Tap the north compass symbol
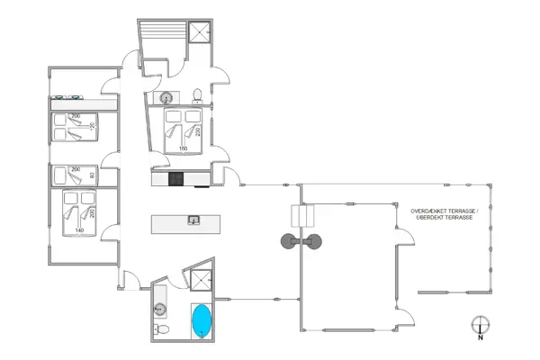[x=480, y=325]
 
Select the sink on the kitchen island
[x=193, y=220]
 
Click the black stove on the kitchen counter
[x=176, y=177]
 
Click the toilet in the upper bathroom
[x=196, y=94]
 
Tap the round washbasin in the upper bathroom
[x=167, y=97]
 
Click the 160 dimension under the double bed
[x=182, y=148]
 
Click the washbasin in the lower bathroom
[x=162, y=309]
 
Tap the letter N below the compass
[x=480, y=340]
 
